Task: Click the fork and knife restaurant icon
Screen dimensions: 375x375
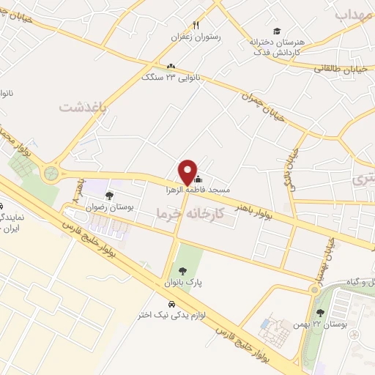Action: click(195, 25)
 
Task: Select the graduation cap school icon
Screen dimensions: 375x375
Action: click(276, 31)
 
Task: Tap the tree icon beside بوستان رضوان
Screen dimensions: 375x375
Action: click(109, 196)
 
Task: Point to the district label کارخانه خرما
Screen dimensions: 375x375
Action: click(186, 212)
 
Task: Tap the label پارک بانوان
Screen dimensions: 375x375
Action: click(185, 282)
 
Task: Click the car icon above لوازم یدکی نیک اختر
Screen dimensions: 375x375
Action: click(171, 303)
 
